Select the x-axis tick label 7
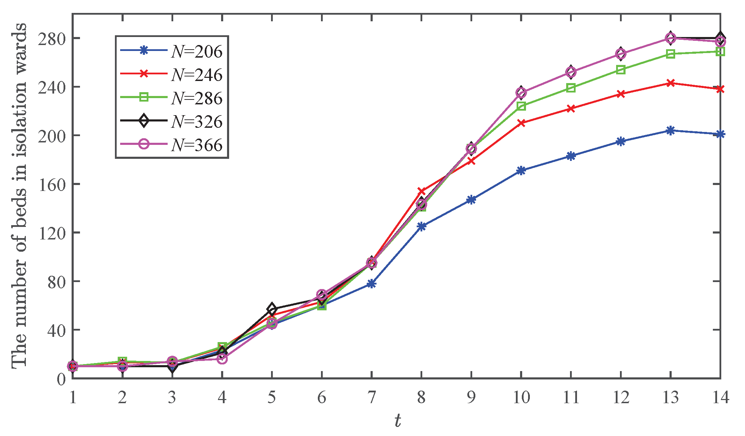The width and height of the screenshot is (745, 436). (x=371, y=397)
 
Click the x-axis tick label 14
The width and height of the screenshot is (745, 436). (x=720, y=397)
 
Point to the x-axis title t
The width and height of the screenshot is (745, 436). (x=397, y=421)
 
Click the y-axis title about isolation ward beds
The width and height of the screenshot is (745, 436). (x=19, y=195)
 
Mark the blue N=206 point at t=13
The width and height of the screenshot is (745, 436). (x=670, y=131)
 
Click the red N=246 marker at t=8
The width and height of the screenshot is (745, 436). (x=421, y=191)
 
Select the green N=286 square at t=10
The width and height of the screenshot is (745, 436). (x=521, y=106)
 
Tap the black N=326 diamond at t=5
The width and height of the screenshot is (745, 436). (x=272, y=309)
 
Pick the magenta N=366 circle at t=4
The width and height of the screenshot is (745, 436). (x=222, y=359)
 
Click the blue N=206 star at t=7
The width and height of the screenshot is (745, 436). (x=371, y=284)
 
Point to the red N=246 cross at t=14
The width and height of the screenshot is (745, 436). (x=720, y=89)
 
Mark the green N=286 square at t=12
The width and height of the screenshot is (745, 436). (x=621, y=69)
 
